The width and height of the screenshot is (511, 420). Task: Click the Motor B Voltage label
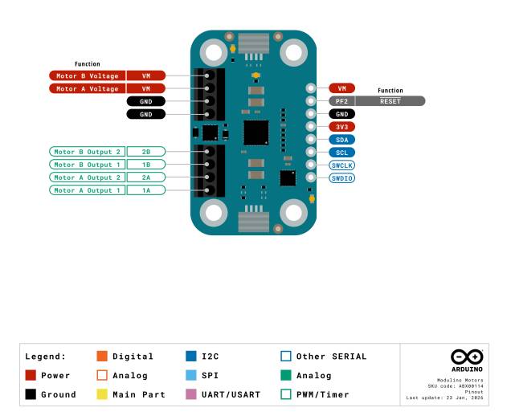(x=88, y=76)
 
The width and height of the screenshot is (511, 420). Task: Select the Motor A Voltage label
(x=88, y=88)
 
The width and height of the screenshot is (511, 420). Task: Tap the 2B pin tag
(x=146, y=152)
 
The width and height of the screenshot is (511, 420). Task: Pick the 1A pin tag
(x=146, y=190)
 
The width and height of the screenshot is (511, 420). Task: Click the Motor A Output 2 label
(x=88, y=177)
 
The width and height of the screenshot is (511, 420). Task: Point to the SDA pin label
(x=341, y=140)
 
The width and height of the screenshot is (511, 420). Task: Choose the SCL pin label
(x=341, y=153)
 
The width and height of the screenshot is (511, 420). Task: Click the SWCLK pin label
(x=341, y=165)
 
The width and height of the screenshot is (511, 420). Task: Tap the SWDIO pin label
(x=341, y=178)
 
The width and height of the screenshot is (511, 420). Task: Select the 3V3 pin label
(x=341, y=127)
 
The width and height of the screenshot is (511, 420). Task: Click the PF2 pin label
(x=341, y=101)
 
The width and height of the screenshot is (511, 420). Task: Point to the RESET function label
(x=390, y=101)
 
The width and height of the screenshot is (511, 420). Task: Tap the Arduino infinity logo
(x=467, y=357)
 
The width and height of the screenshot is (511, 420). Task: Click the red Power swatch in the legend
(x=31, y=375)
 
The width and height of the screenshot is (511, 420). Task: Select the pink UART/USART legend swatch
(x=191, y=394)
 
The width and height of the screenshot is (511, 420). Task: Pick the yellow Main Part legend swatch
(x=102, y=394)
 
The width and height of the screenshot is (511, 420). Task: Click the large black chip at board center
(x=256, y=133)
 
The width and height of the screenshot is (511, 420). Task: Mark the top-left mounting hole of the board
(x=214, y=52)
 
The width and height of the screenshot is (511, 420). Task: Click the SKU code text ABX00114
(x=471, y=386)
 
